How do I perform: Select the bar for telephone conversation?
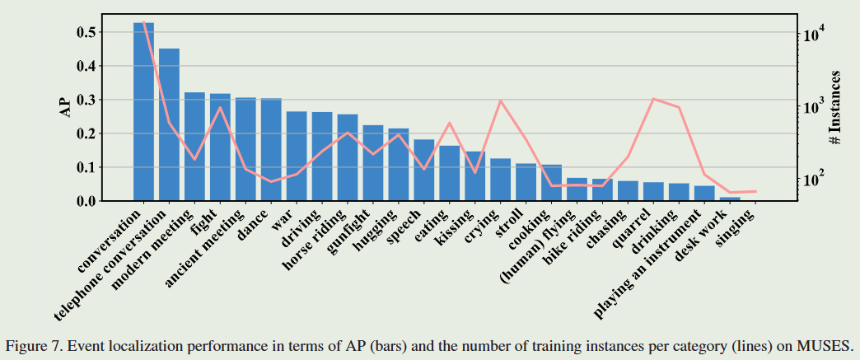(169, 124)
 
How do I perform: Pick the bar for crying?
(501, 180)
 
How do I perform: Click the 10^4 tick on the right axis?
(812, 35)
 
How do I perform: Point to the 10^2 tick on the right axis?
(812, 179)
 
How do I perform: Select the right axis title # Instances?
(835, 108)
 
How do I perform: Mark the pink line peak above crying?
(501, 101)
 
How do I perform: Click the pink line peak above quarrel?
(653, 99)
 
